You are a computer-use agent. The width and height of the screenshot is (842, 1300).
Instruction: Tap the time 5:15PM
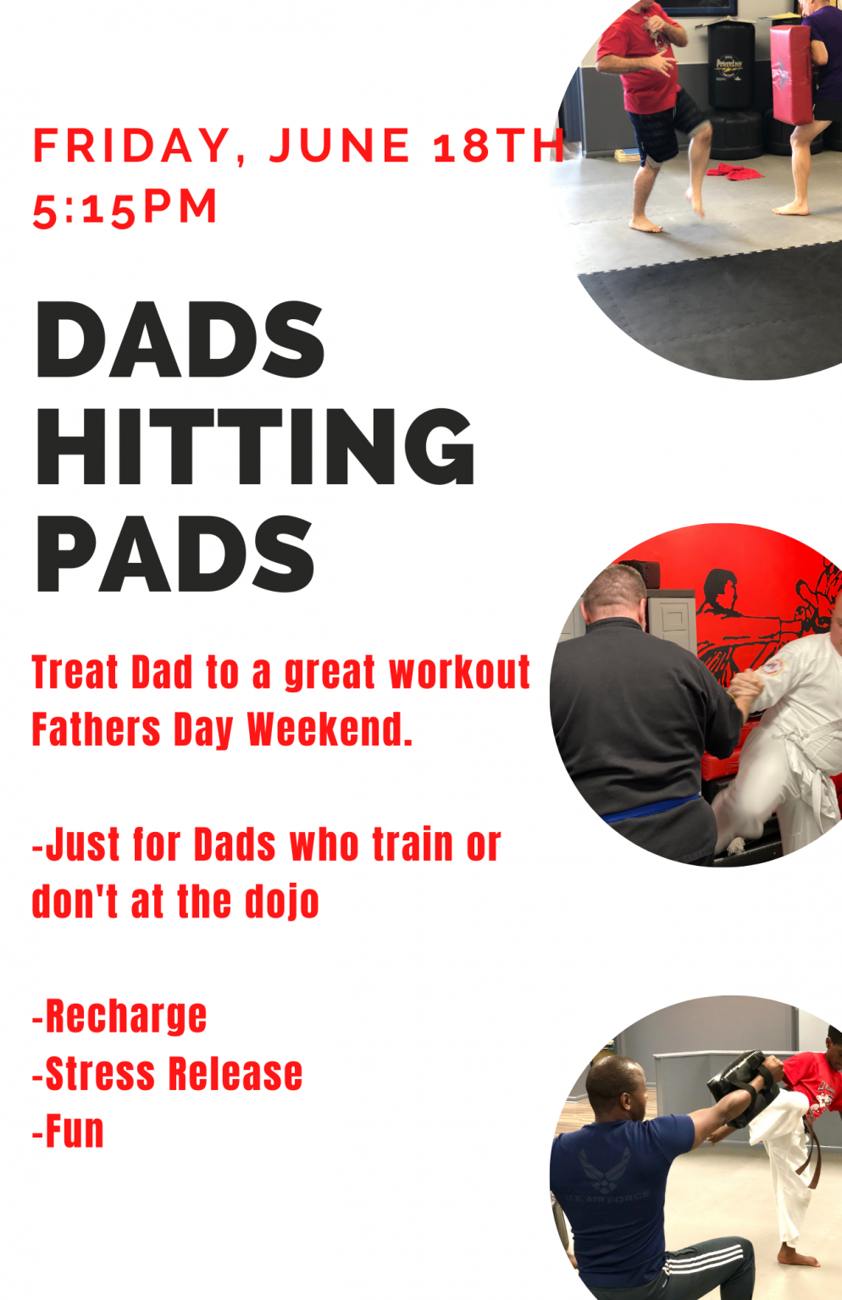(x=125, y=207)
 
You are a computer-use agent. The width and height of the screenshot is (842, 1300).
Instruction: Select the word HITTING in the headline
(x=256, y=446)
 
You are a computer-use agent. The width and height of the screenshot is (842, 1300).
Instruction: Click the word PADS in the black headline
(x=175, y=554)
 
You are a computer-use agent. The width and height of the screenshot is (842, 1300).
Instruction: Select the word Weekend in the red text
(x=330, y=729)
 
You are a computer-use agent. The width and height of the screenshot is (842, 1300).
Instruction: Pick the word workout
(x=459, y=673)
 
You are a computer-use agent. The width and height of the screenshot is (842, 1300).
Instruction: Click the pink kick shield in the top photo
(x=790, y=73)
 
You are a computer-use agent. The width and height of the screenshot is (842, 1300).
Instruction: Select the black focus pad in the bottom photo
(x=744, y=1088)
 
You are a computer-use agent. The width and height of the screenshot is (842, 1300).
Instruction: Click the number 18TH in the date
(x=498, y=145)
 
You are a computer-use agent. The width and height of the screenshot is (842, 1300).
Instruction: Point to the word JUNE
(x=340, y=145)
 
